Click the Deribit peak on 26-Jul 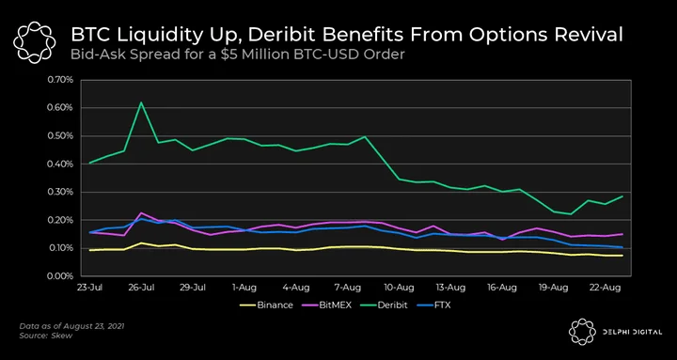141,102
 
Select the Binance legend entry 266,305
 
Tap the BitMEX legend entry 327,305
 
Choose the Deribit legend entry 385,305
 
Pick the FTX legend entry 433,305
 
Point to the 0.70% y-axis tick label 62,80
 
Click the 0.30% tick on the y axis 62,192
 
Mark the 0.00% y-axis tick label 62,276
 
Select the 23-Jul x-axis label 90,288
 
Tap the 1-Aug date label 244,288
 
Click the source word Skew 64,336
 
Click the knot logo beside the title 34,42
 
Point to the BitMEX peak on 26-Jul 141,212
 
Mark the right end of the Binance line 622,256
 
